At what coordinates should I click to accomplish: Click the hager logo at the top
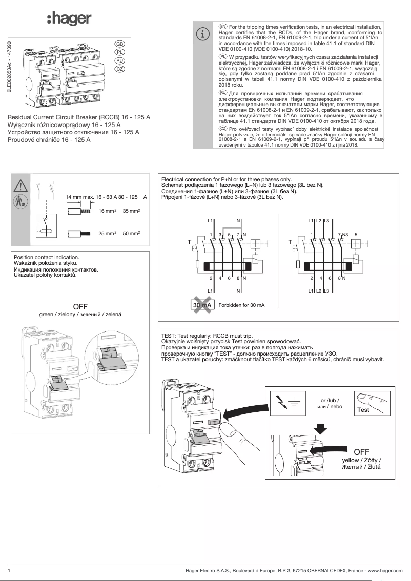point(69,19)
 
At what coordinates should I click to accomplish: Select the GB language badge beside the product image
point(119,44)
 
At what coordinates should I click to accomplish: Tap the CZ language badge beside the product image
point(119,69)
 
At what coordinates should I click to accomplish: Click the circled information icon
point(204,34)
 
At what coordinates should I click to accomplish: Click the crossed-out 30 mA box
point(202,305)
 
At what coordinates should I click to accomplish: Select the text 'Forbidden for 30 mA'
point(241,305)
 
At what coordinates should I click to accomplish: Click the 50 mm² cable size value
point(132,233)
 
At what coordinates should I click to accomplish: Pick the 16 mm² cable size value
point(108,211)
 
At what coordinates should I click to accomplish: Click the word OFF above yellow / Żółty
point(361,451)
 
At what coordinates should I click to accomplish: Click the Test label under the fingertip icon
point(363,410)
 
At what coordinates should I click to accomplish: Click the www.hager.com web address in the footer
point(385,570)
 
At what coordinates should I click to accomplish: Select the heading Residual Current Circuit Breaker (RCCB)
point(79,117)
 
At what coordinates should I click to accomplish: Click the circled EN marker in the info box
point(222,26)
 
